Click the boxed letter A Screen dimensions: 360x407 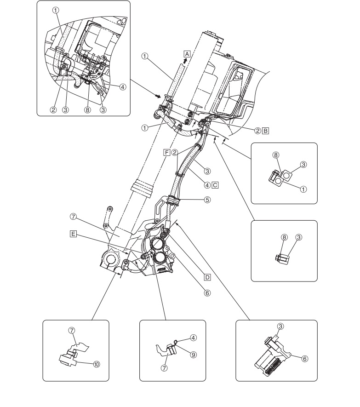click(x=187, y=54)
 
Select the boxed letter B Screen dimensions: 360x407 click(x=265, y=131)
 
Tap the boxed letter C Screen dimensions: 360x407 click(x=215, y=185)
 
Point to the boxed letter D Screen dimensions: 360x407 click(x=207, y=277)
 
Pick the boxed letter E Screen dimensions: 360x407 click(x=74, y=234)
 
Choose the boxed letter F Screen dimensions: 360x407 click(x=166, y=152)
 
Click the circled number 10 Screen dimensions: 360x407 click(x=96, y=364)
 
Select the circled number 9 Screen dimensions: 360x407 click(x=194, y=355)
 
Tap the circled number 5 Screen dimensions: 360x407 click(x=207, y=200)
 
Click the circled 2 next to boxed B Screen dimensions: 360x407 click(x=258, y=131)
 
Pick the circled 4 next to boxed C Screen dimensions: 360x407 click(x=207, y=185)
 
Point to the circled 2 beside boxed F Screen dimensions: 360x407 click(x=175, y=152)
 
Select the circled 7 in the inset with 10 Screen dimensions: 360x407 click(x=72, y=330)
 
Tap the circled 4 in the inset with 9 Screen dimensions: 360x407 click(x=194, y=338)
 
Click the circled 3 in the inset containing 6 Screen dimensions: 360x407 click(x=280, y=326)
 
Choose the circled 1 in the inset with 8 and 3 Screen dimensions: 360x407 click(x=303, y=189)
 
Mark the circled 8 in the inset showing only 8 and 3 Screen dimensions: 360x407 click(x=285, y=237)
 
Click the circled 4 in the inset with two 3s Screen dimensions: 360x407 click(x=123, y=87)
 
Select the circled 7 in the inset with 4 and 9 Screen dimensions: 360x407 click(x=164, y=368)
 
